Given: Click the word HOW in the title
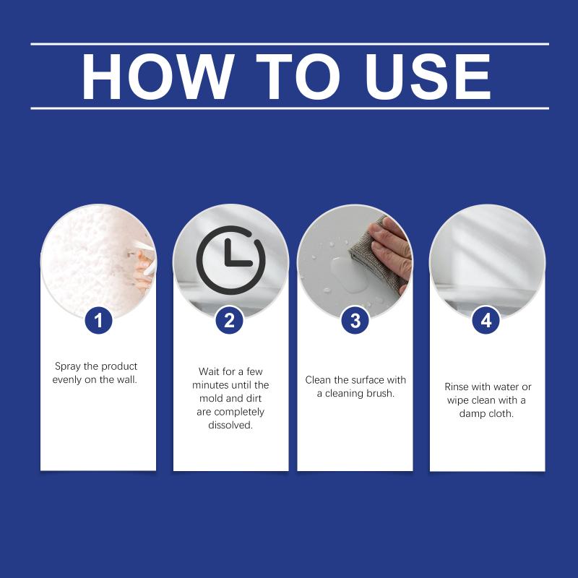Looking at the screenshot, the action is coord(158,77).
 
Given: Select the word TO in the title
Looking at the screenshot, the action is coord(298,77).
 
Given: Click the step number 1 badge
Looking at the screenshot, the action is coord(98,320).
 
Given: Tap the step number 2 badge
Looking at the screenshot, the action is coord(229,320).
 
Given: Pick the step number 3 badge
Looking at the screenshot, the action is coord(355,320).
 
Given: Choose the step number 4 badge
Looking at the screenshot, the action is coord(486,320).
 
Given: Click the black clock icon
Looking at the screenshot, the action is coord(230,260).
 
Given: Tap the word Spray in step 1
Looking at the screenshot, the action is coord(67,366).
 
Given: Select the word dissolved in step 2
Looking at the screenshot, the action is coord(230,425).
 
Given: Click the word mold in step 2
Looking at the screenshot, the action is coord(211,398).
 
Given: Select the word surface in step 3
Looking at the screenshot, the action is coord(366,380).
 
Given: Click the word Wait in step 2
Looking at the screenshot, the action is coord(209,371).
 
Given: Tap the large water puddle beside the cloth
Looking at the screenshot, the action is coord(347,274).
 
